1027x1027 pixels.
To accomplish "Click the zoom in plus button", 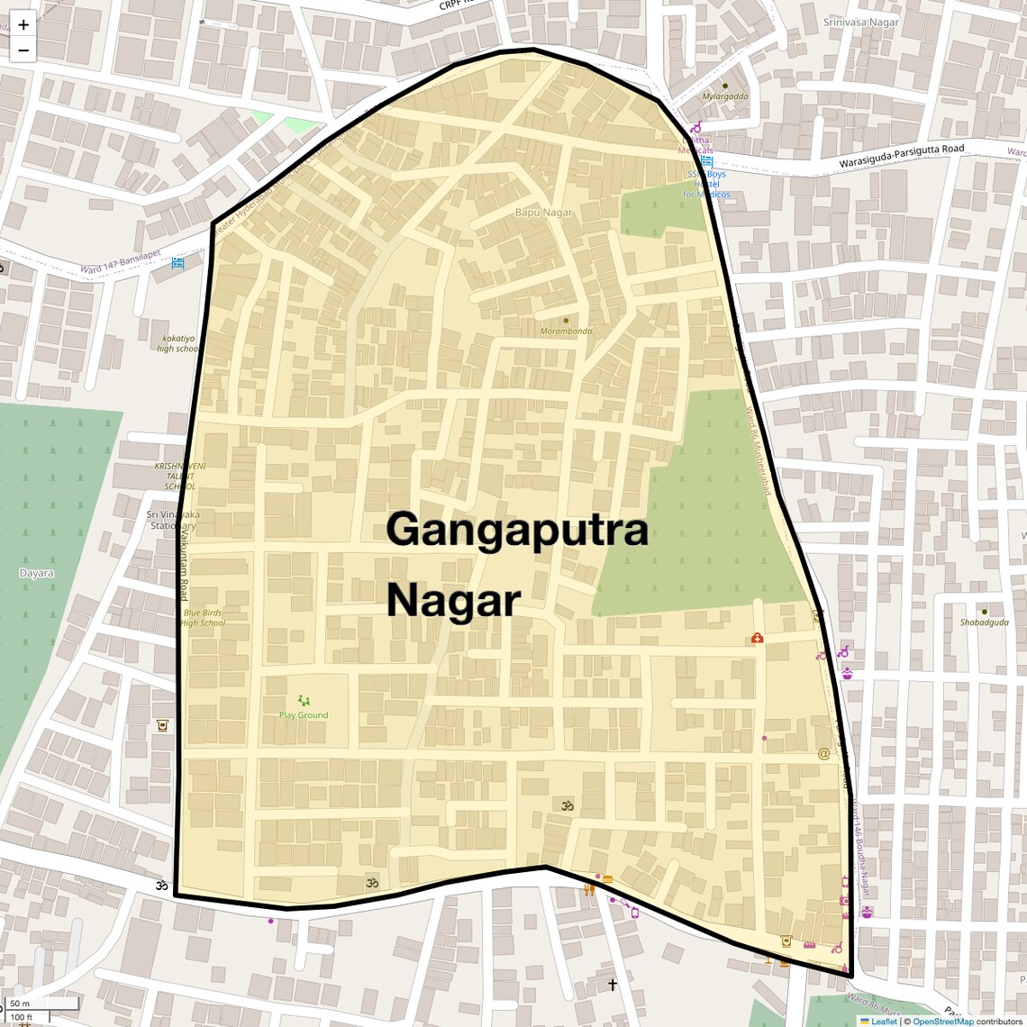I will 23,24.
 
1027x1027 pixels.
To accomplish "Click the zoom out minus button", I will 23,50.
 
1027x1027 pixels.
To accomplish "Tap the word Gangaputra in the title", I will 517,530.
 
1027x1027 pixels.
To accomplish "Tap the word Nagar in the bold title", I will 454,601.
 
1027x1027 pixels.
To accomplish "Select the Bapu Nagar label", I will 543,213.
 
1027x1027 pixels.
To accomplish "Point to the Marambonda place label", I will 566,331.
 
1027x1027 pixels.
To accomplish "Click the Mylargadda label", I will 725,96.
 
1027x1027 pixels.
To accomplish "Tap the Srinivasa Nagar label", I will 860,22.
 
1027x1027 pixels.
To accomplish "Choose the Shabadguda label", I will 984,623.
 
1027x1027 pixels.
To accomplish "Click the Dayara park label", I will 36,573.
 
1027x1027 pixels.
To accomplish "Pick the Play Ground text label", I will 304,715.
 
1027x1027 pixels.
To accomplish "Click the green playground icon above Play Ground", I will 304,700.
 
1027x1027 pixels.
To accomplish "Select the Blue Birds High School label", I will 203,618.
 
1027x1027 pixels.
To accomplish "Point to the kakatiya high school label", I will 178,343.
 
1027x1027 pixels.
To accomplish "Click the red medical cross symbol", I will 758,638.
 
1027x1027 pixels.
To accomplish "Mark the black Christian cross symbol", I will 613,985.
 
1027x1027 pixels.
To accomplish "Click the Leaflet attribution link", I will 883,1022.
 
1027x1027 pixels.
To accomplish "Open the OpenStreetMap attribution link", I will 942,1022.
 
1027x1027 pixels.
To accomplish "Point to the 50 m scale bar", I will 41,1004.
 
